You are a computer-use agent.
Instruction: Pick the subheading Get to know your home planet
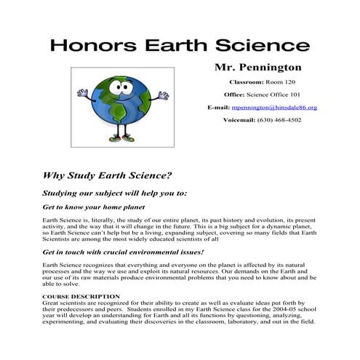93,207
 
